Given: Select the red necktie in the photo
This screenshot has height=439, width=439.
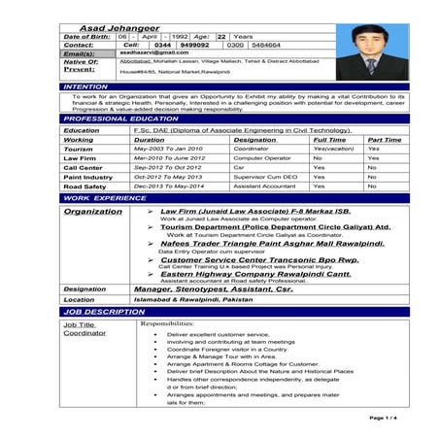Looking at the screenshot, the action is coord(369,67).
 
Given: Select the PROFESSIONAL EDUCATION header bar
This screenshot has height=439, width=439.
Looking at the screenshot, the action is coord(118,118).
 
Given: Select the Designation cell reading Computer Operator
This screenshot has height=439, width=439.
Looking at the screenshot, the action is coord(262,157).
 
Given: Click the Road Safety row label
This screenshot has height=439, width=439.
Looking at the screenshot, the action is coord(87,186).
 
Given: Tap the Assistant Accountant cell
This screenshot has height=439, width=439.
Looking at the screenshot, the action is coord(265,186).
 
